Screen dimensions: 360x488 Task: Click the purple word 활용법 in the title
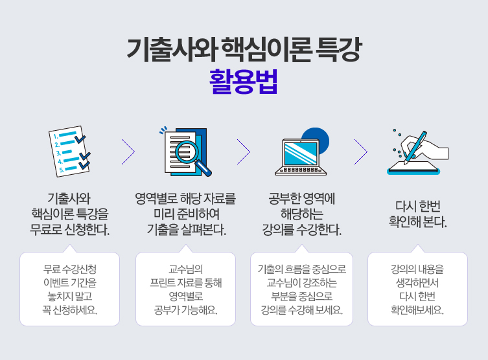[x=244, y=82]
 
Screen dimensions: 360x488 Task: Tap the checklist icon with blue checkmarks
[x=70, y=151]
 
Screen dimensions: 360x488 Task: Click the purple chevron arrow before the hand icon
[x=361, y=152]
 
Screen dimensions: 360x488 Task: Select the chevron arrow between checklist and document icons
[x=128, y=152]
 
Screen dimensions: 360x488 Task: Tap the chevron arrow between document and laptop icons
[x=244, y=152]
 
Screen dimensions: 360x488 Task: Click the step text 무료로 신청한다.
[x=70, y=229]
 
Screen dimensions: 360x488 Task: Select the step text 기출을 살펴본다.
[x=186, y=229]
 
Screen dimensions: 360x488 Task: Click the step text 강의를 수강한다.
[x=301, y=229]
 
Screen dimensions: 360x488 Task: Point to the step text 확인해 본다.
[x=417, y=222]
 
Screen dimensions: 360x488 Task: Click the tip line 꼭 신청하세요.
[x=70, y=310]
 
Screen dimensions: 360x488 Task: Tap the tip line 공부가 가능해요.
[x=186, y=310]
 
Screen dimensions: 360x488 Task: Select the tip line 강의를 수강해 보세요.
[x=301, y=310]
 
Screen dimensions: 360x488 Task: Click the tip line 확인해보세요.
[x=417, y=310]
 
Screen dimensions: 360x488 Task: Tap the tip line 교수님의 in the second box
[x=186, y=268]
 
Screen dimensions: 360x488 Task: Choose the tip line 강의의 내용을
[x=417, y=268]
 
